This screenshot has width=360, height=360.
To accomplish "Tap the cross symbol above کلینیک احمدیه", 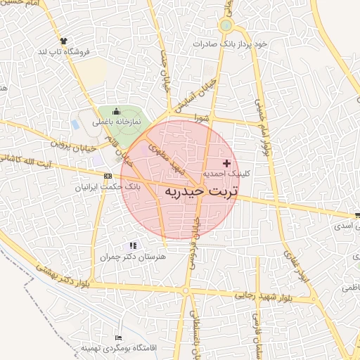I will pos(226,162).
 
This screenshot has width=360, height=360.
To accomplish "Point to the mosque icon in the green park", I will pos(116,111).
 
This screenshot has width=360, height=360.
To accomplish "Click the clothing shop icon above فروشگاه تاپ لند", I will pos(64,41).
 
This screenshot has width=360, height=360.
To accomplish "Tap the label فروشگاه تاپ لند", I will pos(65,52).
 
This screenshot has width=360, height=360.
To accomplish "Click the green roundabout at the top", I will pos(225,26).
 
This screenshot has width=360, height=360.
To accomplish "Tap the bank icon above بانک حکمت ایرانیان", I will pos(107,176).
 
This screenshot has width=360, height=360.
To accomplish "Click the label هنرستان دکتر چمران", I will pos(134,257).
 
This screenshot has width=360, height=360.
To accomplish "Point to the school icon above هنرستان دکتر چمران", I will pos(133,245).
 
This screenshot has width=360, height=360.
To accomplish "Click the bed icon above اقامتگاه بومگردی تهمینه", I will pos(118,338).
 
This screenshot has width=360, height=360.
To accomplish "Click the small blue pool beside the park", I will pos(75,124).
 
